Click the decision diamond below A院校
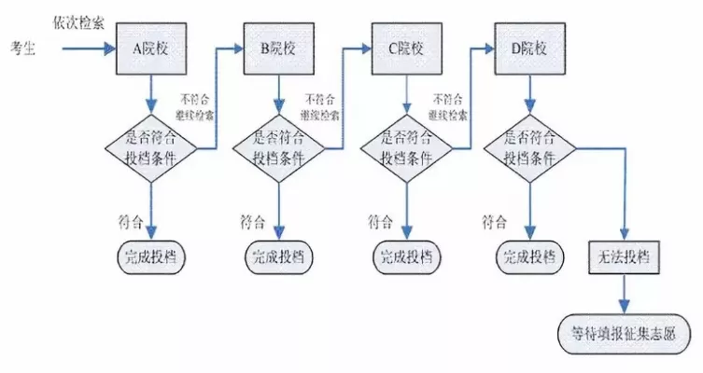click(x=149, y=147)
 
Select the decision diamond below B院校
click(x=277, y=147)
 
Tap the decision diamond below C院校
click(x=405, y=147)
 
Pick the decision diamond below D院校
click(x=530, y=147)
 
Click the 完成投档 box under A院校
click(x=149, y=256)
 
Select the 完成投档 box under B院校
click(x=277, y=256)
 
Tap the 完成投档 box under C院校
click(x=405, y=256)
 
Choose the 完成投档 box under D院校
click(x=530, y=256)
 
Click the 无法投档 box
click(x=621, y=256)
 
